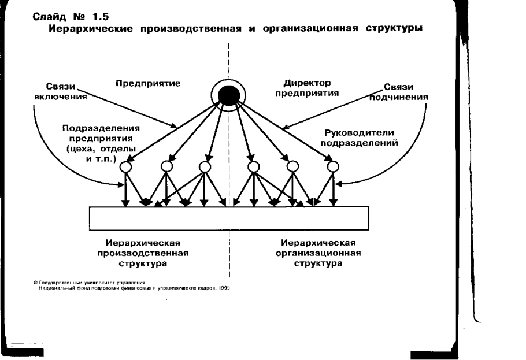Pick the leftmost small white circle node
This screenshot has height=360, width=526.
point(125,167)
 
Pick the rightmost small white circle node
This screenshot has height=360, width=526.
point(332,167)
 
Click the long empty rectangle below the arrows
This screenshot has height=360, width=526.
point(229,218)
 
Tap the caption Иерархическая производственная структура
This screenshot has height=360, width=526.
point(149,253)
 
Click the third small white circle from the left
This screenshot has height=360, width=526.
point(205,167)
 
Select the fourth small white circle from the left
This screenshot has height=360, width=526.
point(253,167)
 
